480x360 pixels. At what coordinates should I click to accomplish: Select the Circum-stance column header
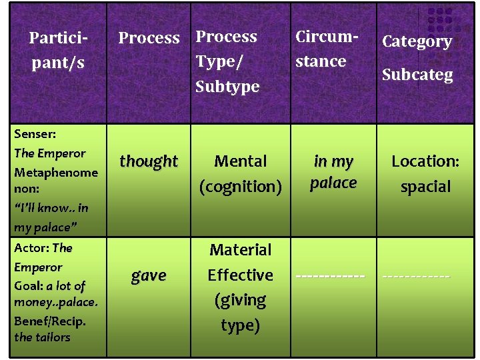[x=321, y=49]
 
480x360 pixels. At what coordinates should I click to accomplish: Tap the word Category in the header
[x=417, y=41]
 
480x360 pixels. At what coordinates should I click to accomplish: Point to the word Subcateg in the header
[x=417, y=74]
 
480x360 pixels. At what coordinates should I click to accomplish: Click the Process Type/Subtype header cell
[x=227, y=61]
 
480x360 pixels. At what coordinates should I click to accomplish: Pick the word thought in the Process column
[x=149, y=161]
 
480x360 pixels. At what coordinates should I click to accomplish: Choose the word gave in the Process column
[x=149, y=275]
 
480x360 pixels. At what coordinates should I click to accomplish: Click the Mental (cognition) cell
[x=240, y=173]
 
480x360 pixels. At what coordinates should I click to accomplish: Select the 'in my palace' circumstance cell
[x=333, y=172]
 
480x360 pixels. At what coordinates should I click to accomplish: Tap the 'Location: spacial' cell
[x=425, y=173]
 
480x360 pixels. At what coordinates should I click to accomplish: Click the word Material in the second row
[x=241, y=250]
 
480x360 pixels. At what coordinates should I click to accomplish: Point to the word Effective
[x=240, y=275]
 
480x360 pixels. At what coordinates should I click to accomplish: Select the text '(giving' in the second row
[x=240, y=300]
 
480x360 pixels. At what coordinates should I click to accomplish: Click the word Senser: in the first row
[x=35, y=134]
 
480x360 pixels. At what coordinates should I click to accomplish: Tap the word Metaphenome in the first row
[x=56, y=172]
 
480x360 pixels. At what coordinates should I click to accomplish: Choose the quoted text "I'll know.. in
[x=51, y=208]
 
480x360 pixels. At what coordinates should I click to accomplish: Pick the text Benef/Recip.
[x=50, y=321]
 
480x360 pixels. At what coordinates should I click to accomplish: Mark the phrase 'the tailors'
[x=42, y=337]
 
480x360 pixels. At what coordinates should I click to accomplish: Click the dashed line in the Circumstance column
[x=331, y=275]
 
